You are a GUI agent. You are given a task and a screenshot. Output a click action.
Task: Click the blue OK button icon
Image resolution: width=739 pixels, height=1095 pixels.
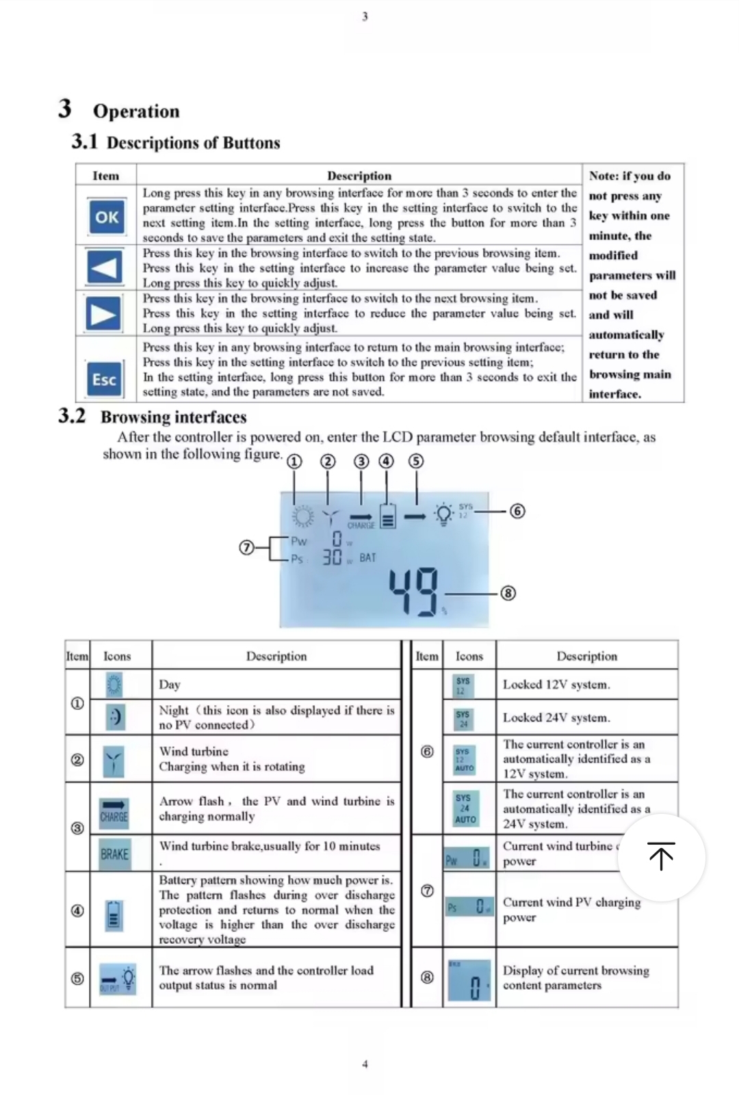pyautogui.click(x=107, y=217)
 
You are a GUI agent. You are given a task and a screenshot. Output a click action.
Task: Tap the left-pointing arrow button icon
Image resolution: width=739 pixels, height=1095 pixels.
pyautogui.click(x=105, y=267)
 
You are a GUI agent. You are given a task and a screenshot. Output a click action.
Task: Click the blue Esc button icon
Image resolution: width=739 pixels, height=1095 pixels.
pyautogui.click(x=105, y=380)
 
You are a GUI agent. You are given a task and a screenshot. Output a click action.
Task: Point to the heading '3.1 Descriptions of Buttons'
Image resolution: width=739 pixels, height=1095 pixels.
pyautogui.click(x=176, y=142)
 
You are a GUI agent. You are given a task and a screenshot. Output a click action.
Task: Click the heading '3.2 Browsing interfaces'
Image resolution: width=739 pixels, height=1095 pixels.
pyautogui.click(x=153, y=417)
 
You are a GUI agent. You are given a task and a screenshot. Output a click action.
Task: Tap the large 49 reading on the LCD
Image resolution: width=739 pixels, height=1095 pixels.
pyautogui.click(x=413, y=592)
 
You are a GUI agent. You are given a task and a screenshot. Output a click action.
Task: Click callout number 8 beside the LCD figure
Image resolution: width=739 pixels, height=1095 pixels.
pyautogui.click(x=508, y=593)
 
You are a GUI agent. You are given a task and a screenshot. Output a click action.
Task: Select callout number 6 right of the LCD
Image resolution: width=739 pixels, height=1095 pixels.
pyautogui.click(x=518, y=511)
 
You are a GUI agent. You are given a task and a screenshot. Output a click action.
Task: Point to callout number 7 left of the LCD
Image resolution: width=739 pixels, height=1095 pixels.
pyautogui.click(x=246, y=548)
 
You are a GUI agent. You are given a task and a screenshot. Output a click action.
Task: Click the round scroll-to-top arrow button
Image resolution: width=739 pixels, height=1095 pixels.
pyautogui.click(x=662, y=856)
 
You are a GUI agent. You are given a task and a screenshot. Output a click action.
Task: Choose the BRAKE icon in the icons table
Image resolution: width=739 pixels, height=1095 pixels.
pyautogui.click(x=114, y=854)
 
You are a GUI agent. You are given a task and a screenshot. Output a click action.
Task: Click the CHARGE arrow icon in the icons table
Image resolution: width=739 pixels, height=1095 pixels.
pyautogui.click(x=114, y=810)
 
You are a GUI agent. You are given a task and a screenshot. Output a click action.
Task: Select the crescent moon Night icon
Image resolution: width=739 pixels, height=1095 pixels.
pyautogui.click(x=115, y=716)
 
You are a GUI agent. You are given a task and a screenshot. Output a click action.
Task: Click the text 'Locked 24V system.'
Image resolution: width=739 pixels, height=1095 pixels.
pyautogui.click(x=556, y=717)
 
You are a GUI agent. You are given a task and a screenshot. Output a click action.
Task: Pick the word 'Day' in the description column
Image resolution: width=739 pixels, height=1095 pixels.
pyautogui.click(x=170, y=684)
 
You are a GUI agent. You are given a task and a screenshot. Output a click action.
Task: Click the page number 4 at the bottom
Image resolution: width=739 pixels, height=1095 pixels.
pyautogui.click(x=365, y=1064)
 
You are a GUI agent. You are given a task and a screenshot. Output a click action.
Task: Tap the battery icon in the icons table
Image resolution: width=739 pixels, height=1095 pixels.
pyautogui.click(x=114, y=914)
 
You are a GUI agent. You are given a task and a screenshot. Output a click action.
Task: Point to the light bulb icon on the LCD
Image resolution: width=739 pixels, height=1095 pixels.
pyautogui.click(x=443, y=514)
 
